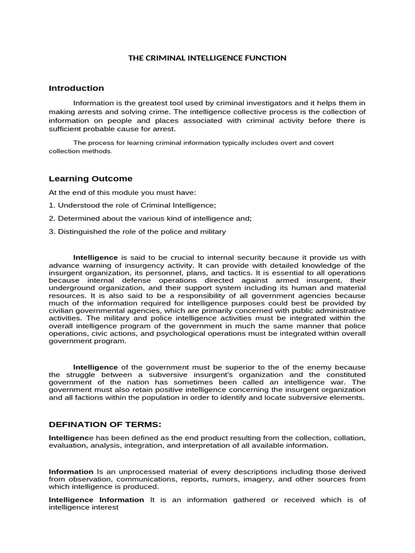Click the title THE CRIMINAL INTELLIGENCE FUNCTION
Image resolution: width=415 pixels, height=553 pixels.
[207, 58]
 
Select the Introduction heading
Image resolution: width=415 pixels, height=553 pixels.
[76, 88]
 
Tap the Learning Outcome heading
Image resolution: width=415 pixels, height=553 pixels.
[90, 179]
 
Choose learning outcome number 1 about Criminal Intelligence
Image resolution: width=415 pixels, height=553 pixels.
[132, 205]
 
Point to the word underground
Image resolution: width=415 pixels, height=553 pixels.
[71, 288]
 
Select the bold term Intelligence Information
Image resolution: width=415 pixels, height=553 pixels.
[96, 500]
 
